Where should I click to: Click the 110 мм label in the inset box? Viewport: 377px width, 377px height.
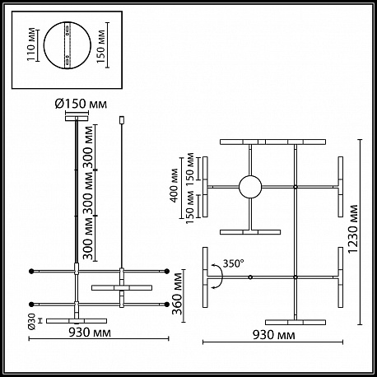click(x=31, y=44)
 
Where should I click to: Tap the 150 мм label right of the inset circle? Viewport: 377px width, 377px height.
click(x=101, y=46)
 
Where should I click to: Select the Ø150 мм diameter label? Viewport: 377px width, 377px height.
click(x=81, y=104)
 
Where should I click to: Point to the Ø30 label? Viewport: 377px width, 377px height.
click(x=32, y=321)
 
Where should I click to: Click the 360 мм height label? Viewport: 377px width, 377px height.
click(x=178, y=294)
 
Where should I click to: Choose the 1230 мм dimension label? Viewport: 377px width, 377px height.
click(x=353, y=230)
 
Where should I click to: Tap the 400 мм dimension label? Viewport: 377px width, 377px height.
click(x=175, y=186)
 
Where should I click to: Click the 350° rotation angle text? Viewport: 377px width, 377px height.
click(x=233, y=263)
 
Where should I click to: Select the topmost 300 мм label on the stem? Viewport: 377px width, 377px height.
click(x=89, y=147)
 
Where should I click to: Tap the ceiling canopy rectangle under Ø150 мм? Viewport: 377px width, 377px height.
click(x=77, y=119)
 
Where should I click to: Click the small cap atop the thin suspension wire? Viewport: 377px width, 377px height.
click(x=122, y=120)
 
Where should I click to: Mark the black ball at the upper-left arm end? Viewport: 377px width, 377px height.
click(x=31, y=272)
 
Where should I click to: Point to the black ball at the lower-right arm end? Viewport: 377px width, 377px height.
click(x=167, y=305)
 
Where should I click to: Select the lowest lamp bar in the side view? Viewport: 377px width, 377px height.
click(x=77, y=321)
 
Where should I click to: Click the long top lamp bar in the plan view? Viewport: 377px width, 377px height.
click(x=272, y=142)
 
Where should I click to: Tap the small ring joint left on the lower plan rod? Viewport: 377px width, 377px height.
click(x=250, y=277)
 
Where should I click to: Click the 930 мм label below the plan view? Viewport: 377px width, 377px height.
click(x=274, y=335)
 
